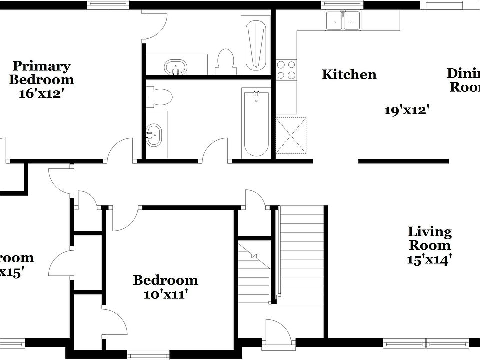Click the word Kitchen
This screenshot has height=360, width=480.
click(349, 75)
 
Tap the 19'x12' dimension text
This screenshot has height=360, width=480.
click(407, 110)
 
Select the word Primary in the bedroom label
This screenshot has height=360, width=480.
click(41, 66)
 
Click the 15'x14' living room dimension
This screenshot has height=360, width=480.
click(429, 259)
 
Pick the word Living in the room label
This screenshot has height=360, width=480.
click(429, 232)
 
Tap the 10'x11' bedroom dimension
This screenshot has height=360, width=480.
click(165, 294)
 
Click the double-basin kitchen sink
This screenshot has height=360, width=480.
click(343, 20)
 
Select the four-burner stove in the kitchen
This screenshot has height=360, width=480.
click(286, 70)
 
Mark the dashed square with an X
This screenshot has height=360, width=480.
click(291, 135)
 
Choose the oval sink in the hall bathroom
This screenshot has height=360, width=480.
click(154, 134)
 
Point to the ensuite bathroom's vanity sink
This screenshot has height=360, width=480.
click(175, 66)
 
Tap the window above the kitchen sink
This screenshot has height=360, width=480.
click(343, 5)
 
